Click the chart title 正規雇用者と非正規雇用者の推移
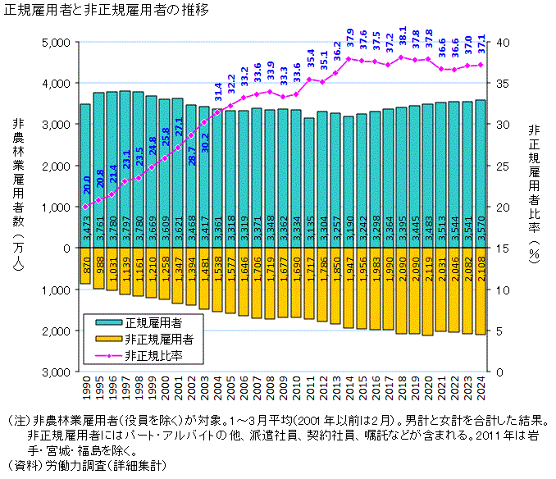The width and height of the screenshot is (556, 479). [x=107, y=11]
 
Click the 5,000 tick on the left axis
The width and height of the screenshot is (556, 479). [x=53, y=42]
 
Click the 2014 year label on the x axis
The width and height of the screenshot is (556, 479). [x=349, y=390]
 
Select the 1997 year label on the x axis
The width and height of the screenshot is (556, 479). [x=125, y=390]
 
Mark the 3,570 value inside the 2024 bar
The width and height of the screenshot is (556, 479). [x=481, y=230]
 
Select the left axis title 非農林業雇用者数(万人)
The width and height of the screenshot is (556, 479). [x=19, y=197]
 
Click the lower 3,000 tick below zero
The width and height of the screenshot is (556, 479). [x=53, y=372]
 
